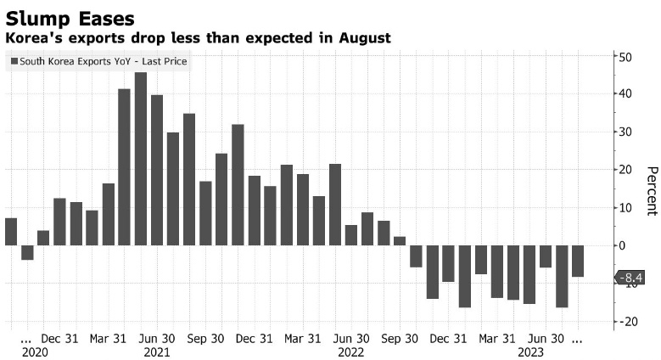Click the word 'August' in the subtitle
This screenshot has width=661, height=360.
pos(365,38)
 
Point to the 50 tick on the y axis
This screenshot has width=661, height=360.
pos(625,57)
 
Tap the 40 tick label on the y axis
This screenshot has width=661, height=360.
pos(625,94)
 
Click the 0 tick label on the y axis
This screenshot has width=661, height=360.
pos(621,245)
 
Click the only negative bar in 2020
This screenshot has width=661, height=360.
pos(27,252)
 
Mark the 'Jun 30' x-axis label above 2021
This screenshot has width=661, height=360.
pos(157,338)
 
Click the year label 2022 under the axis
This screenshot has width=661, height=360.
pos(350,352)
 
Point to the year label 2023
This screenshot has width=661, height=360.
pos(530,352)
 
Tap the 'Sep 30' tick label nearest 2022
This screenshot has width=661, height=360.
pos(398,338)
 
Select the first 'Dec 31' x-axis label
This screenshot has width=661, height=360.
pos(59,338)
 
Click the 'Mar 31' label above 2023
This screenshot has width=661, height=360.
pos(497,338)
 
